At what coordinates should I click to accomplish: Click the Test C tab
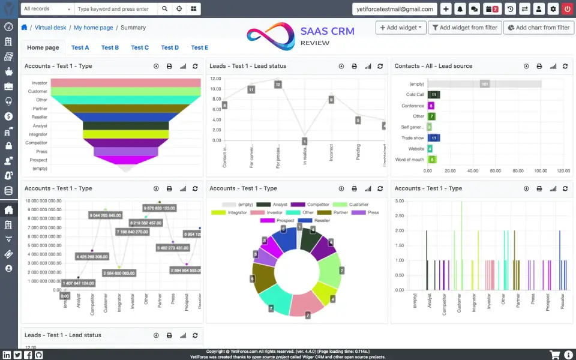click(x=140, y=47)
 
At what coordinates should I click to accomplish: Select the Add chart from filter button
click(x=538, y=28)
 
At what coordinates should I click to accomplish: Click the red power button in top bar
click(x=567, y=9)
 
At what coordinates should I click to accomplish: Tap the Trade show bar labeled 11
click(x=434, y=138)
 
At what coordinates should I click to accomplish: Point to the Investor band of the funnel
click(x=125, y=83)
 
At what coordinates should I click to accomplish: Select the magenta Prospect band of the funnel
click(x=125, y=160)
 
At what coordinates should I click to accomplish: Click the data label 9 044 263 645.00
click(x=106, y=215)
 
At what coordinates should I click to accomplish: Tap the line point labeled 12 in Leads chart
click(x=278, y=85)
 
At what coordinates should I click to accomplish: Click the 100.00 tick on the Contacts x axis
click(x=541, y=170)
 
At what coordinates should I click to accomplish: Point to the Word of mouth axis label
click(x=410, y=160)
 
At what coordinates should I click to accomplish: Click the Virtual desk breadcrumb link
click(x=50, y=28)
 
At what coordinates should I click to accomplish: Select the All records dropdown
click(x=47, y=9)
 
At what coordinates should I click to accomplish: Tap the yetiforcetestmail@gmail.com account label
click(x=394, y=9)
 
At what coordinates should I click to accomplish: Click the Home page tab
click(x=43, y=47)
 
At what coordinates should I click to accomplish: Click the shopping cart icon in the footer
click(x=554, y=355)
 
